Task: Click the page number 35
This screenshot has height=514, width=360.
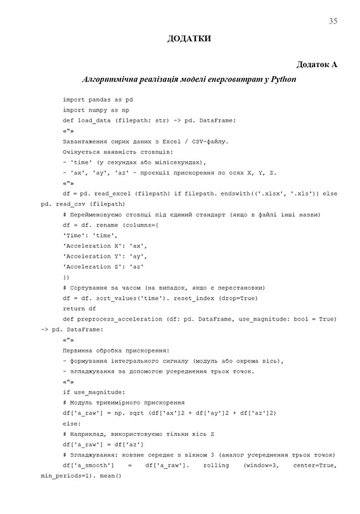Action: click(333, 22)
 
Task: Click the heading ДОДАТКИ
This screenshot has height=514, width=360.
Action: click(189, 39)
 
